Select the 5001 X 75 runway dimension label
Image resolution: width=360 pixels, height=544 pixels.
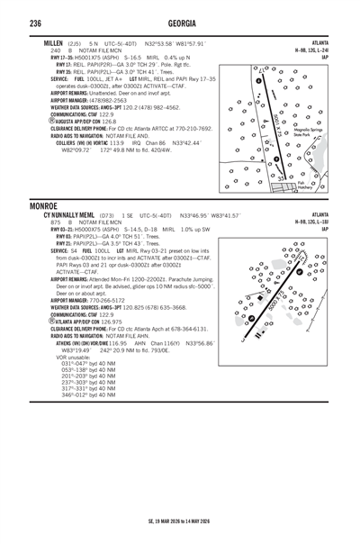coord(274,122)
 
